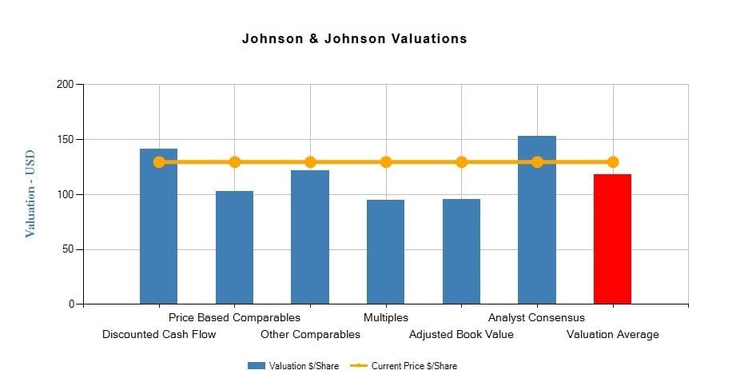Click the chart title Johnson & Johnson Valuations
(354, 38)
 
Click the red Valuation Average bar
(612, 239)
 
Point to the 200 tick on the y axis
(66, 85)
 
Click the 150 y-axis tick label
(66, 140)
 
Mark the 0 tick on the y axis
(71, 304)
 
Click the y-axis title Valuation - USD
(30, 193)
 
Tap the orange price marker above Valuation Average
(613, 162)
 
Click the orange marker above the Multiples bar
(386, 162)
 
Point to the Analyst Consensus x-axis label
(536, 318)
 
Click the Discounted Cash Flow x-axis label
(159, 334)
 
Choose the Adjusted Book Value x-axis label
(461, 334)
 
